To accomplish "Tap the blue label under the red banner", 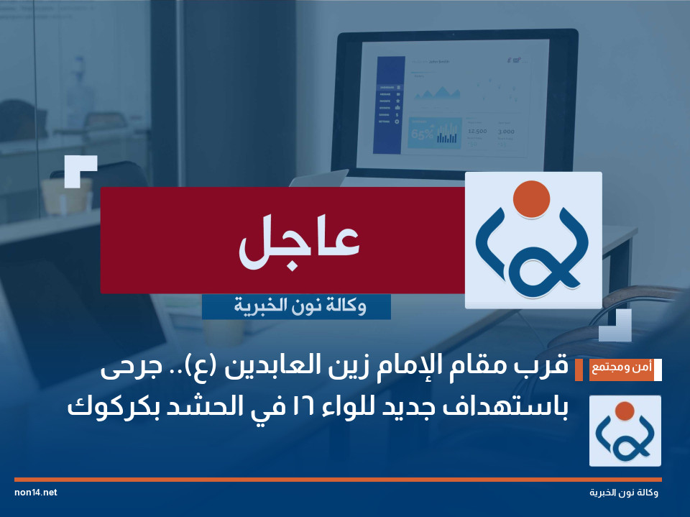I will [x=296, y=307].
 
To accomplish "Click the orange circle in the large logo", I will [x=533, y=198].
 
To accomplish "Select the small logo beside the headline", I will [x=625, y=431].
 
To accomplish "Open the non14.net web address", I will [x=35, y=493].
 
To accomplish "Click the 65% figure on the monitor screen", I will [x=420, y=134].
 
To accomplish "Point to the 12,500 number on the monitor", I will [x=477, y=132].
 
